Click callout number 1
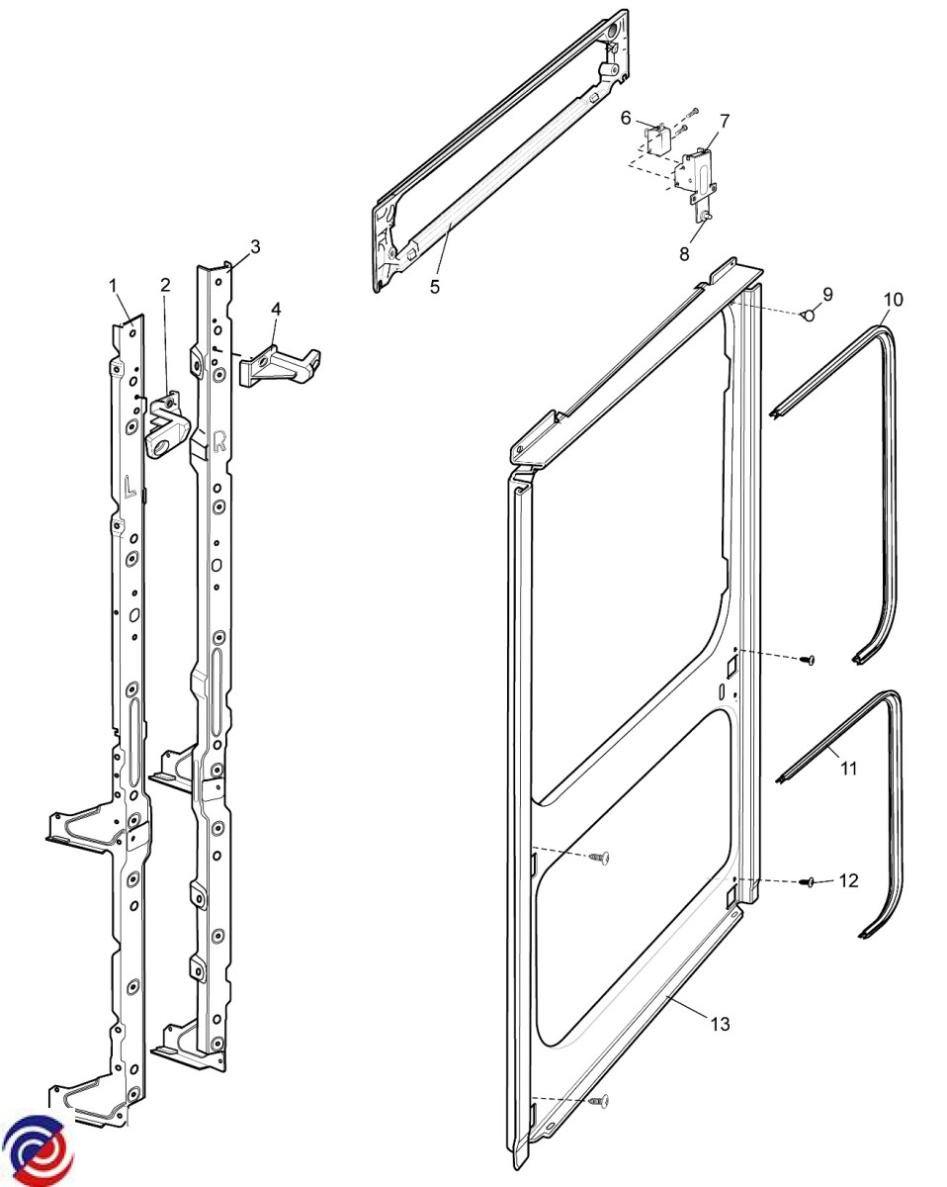(x=114, y=285)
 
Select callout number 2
(x=165, y=285)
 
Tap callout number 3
(x=255, y=246)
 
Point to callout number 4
(x=276, y=309)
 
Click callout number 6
(x=626, y=118)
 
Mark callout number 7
(x=725, y=121)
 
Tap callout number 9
(x=827, y=294)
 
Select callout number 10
(x=893, y=299)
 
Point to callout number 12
(x=848, y=879)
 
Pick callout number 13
(x=720, y=1024)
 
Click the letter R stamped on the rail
(x=219, y=441)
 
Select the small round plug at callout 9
(x=807, y=316)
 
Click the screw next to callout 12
(x=807, y=881)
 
